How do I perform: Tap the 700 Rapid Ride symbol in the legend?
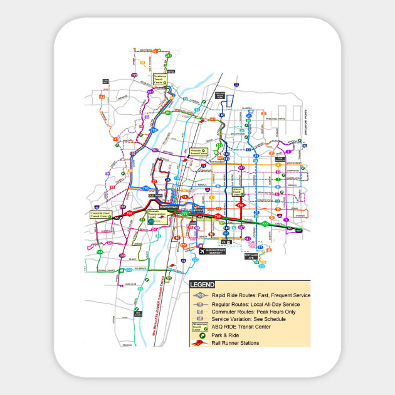pyautogui.click(x=201, y=295)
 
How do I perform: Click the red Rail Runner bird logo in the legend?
pyautogui.click(x=201, y=343)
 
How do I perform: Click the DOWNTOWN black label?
pyautogui.click(x=169, y=207)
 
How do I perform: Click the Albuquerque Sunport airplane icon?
pyautogui.click(x=202, y=251)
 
